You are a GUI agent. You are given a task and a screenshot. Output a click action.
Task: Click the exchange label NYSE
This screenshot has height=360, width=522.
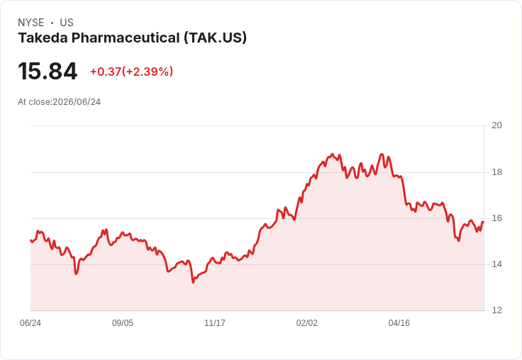coord(31,23)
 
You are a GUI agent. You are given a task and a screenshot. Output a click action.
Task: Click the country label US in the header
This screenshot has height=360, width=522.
coord(67,23)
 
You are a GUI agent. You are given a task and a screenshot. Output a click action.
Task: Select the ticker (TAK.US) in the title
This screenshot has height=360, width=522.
coord(216,38)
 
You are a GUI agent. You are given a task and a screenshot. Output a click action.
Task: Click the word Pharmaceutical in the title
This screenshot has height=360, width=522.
coord(126,38)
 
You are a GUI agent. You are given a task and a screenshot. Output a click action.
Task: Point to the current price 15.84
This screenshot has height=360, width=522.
coord(48,71)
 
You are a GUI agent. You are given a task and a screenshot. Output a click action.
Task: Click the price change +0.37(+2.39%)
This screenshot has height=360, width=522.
coord(131,72)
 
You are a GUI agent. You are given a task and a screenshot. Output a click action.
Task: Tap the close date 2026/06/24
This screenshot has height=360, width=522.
coord(77,102)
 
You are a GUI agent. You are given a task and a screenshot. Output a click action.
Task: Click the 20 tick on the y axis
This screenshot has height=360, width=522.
coord(497,125)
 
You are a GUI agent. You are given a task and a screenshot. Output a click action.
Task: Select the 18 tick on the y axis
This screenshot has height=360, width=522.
coord(497,172)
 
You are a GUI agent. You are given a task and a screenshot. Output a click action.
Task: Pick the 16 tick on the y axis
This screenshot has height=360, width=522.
coord(497,218)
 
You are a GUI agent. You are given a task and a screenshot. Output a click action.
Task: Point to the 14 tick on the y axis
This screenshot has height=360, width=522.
coord(497,264)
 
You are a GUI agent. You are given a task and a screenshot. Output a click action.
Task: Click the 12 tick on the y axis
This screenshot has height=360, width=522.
coord(497,310)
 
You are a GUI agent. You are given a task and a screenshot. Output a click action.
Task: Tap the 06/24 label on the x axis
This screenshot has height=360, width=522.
coord(30,323)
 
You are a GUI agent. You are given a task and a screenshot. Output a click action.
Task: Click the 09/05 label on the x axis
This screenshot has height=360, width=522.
coord(123,323)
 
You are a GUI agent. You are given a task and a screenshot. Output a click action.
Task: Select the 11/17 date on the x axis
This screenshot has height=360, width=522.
coord(215,323)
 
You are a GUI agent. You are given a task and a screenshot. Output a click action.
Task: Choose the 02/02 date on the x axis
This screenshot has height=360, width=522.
coord(307,323)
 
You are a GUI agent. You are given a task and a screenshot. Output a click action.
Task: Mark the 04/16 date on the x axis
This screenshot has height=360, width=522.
coord(399,323)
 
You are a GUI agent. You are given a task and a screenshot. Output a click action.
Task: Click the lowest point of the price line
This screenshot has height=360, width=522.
coord(193,283)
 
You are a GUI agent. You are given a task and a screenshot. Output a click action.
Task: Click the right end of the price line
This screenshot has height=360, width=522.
coord(483,222)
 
